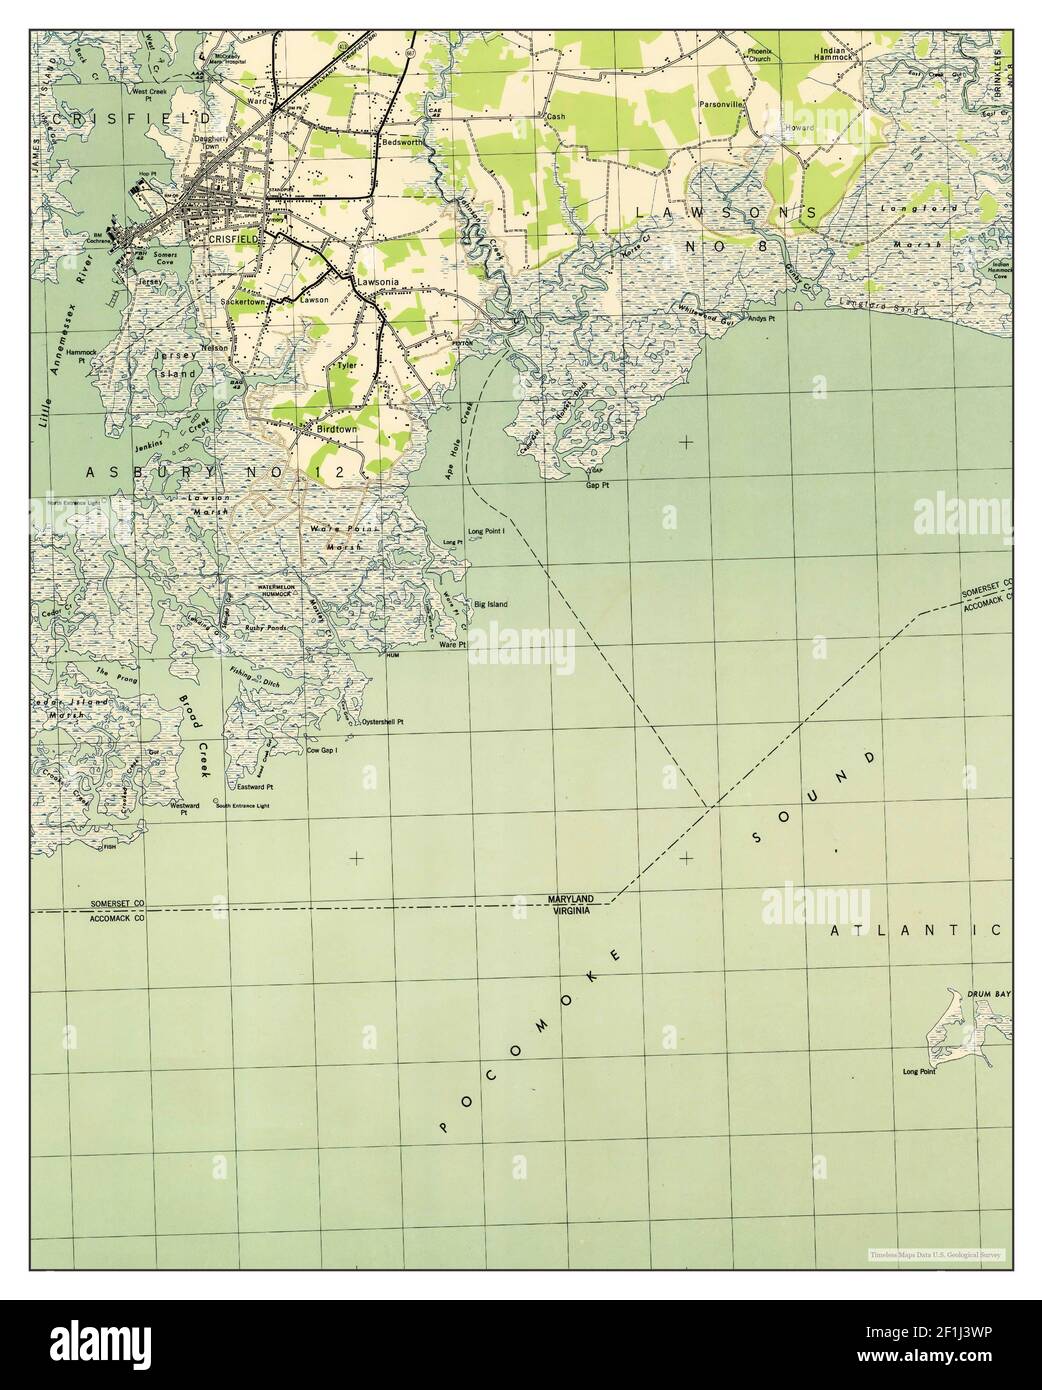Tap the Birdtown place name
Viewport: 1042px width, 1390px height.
336,428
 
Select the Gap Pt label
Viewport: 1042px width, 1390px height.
598,484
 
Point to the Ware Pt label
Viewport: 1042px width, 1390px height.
453,645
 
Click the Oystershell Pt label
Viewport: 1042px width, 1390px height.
383,721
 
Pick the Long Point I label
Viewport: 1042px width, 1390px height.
486,532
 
